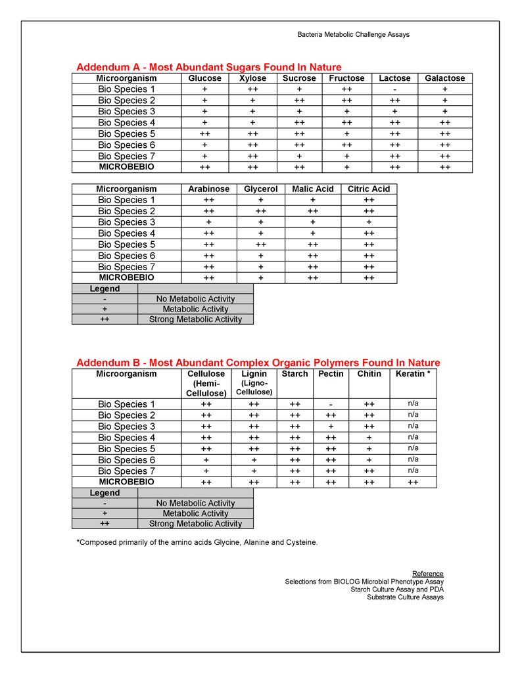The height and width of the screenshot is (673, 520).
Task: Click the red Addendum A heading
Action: click(209, 67)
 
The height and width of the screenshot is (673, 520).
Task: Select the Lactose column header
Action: click(394, 78)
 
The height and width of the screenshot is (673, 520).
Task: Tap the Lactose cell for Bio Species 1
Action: click(394, 89)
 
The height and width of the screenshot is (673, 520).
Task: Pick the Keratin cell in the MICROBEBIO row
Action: click(413, 482)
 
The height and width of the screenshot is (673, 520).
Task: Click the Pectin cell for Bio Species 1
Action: click(331, 404)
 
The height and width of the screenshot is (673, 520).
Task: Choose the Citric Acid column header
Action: click(369, 189)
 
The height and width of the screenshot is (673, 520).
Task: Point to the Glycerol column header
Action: click(261, 189)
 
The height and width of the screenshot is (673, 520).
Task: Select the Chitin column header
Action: click(369, 374)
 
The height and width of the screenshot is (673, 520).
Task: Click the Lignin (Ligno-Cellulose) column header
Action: click(254, 383)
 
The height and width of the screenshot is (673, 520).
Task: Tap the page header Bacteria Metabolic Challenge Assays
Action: click(353, 34)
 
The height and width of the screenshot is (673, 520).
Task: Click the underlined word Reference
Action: click(427, 574)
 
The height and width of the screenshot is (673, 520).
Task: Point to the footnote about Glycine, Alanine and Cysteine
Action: click(197, 542)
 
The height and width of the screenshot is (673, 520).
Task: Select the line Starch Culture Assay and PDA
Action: click(397, 590)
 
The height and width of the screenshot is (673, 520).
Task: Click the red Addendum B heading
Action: click(258, 363)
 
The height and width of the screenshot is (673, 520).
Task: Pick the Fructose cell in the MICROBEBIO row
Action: click(346, 167)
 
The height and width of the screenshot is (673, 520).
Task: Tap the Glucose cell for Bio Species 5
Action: click(204, 133)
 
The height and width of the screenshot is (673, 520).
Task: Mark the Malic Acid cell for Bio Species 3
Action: click(312, 222)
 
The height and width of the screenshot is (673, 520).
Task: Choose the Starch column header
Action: click(295, 374)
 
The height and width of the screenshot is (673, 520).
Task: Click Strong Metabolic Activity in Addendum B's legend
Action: click(195, 524)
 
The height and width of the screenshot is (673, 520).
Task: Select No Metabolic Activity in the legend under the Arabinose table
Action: click(195, 299)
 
